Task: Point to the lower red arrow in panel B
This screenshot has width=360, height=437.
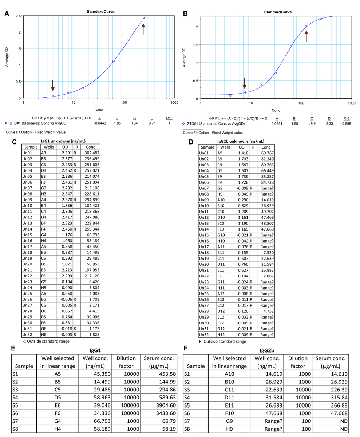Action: tap(245, 83)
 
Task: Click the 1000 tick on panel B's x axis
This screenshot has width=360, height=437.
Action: tap(351, 104)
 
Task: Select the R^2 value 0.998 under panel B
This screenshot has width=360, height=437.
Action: tap(346, 123)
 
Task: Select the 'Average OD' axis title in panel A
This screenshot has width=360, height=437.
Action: tap(7, 57)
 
